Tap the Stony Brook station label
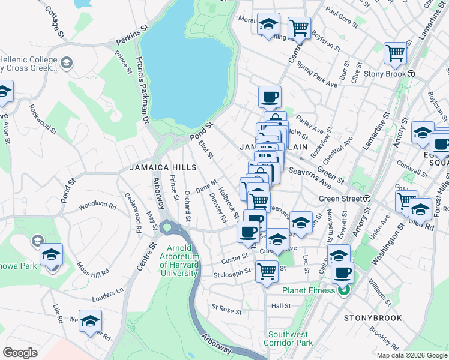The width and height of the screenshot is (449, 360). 384,73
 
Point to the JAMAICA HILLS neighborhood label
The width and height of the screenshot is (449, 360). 163,167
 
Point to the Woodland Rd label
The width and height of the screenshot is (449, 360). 97,205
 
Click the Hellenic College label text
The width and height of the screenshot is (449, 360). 28,60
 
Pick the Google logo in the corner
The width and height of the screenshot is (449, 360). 20,352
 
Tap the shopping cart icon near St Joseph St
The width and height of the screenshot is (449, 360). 266,271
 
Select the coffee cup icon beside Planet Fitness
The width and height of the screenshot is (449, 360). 342,274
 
